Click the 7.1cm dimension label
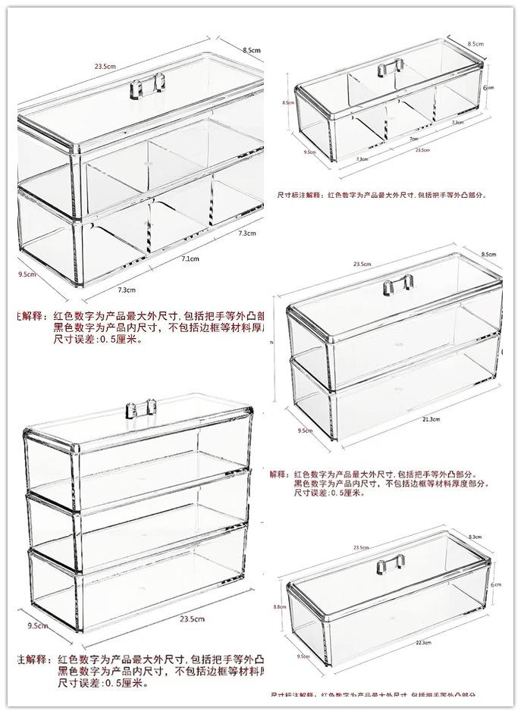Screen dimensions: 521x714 (x=190, y=259)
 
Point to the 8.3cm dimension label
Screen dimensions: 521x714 (x=475, y=537)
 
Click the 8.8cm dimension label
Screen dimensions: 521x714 (x=279, y=606)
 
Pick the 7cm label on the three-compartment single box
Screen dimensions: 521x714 (x=413, y=139)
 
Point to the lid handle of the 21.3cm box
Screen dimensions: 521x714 (x=398, y=285)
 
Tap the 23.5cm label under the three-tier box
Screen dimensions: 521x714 (x=191, y=619)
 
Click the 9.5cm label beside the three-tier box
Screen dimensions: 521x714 (x=38, y=626)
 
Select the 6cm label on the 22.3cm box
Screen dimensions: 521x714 (x=495, y=584)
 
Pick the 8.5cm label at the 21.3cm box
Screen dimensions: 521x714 (x=488, y=255)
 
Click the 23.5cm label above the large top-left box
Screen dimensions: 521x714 (x=105, y=67)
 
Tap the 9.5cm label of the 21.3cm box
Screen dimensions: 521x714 (x=305, y=430)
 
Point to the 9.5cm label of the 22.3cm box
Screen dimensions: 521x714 (x=303, y=656)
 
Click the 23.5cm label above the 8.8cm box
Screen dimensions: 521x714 (x=361, y=547)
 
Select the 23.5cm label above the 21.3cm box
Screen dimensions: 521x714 (x=362, y=264)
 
